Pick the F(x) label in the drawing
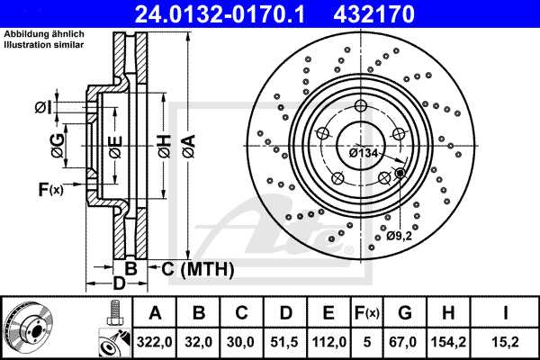[x=50, y=189]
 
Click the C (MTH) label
[x=198, y=269]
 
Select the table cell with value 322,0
[x=154, y=342]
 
